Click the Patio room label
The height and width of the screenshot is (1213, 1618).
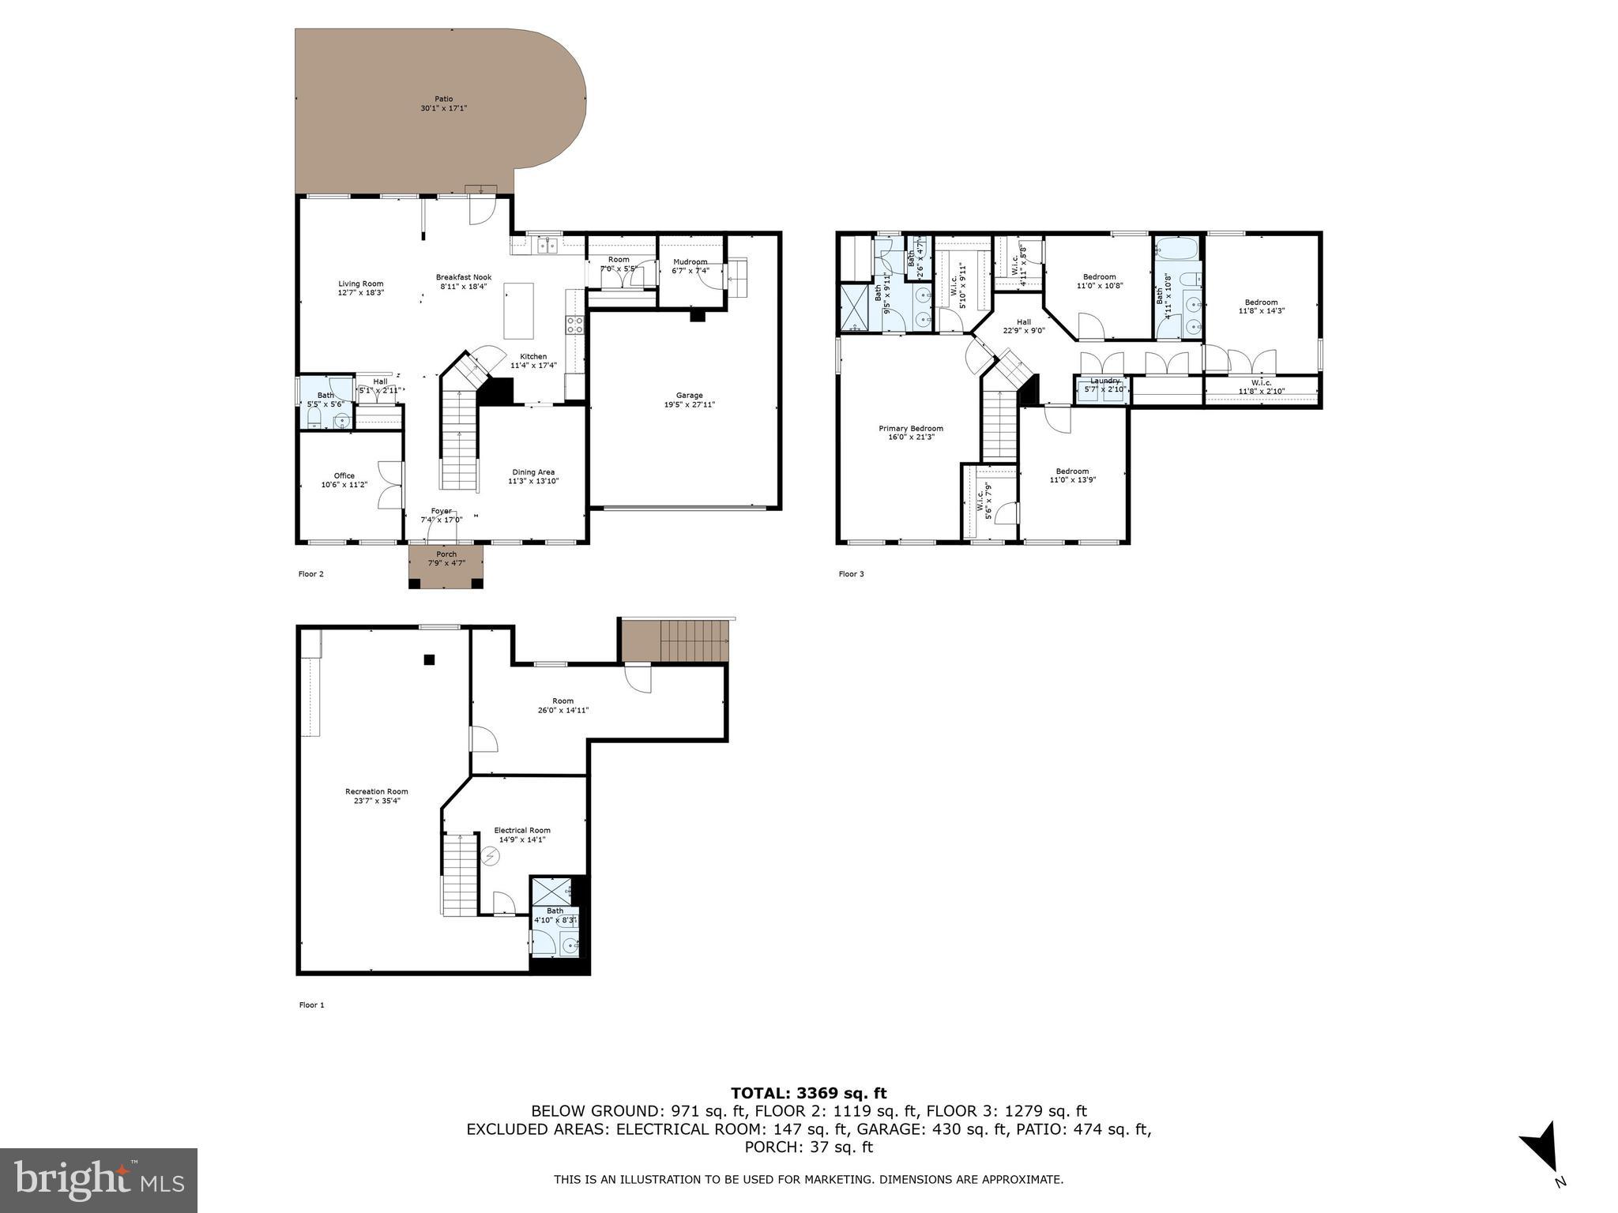[443, 99]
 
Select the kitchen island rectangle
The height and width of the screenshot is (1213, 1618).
[519, 311]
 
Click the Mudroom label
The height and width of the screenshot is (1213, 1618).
[690, 262]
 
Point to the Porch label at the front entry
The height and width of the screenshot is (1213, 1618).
[446, 554]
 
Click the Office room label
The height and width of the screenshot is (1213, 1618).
[344, 476]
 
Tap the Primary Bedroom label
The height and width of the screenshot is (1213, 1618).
[910, 429]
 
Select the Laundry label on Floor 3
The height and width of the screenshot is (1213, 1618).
[1104, 381]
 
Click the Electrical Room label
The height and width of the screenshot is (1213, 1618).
[521, 830]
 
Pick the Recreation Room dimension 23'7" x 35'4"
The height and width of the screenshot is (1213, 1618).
[376, 801]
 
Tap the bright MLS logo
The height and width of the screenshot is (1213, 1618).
[99, 1180]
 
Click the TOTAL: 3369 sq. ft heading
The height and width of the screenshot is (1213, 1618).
[808, 1093]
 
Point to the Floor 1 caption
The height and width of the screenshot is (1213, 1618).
[311, 1005]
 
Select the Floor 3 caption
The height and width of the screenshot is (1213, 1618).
[851, 574]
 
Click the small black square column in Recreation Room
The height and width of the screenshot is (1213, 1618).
[429, 659]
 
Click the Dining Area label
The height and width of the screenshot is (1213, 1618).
[533, 472]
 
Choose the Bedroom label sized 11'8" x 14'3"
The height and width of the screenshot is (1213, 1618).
[1261, 302]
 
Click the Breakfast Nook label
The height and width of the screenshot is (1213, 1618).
[464, 277]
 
